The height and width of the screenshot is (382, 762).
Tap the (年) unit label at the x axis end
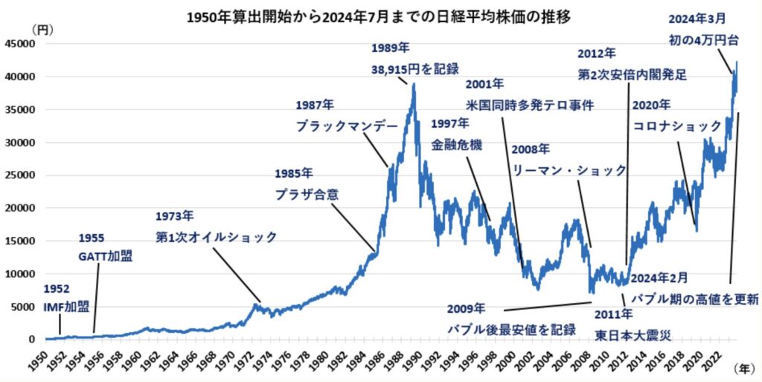744,368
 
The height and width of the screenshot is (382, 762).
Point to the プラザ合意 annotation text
307,195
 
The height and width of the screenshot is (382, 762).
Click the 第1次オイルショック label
216,237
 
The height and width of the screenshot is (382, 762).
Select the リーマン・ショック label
569,170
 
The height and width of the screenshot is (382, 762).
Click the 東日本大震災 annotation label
633,334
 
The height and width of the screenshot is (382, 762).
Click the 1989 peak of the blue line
413,84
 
